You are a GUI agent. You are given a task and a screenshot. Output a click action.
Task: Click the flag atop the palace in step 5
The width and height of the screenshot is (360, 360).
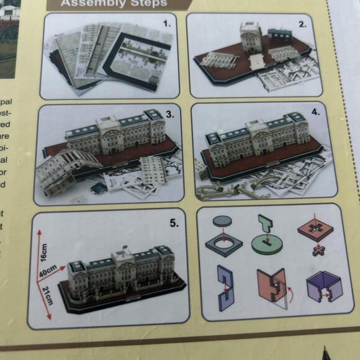124,247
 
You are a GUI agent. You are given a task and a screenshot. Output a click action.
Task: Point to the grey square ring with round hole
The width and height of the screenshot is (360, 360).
223,243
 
